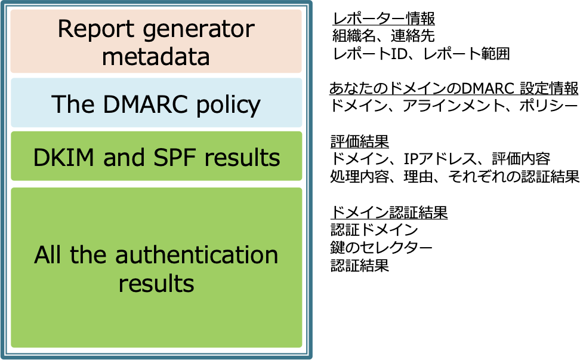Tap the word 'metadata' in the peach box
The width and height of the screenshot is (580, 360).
pyautogui.click(x=156, y=57)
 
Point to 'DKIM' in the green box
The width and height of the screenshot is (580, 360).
pyautogui.click(x=64, y=158)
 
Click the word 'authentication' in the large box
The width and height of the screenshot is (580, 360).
pyautogui.click(x=197, y=255)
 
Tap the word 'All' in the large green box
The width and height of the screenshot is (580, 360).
pyautogui.click(x=47, y=255)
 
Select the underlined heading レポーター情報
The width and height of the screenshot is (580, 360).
pyautogui.click(x=383, y=19)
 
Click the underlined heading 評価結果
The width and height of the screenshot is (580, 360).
pyautogui.click(x=360, y=141)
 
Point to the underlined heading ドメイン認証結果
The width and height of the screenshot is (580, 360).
pyautogui.click(x=389, y=213)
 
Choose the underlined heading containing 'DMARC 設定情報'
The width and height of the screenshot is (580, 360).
pyautogui.click(x=453, y=88)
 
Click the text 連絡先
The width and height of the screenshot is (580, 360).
pyautogui.click(x=412, y=36)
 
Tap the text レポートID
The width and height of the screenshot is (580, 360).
pyautogui.click(x=370, y=54)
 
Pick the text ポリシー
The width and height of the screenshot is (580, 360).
pyautogui.click(x=548, y=106)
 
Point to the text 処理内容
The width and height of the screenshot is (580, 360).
pyautogui.click(x=360, y=177)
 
